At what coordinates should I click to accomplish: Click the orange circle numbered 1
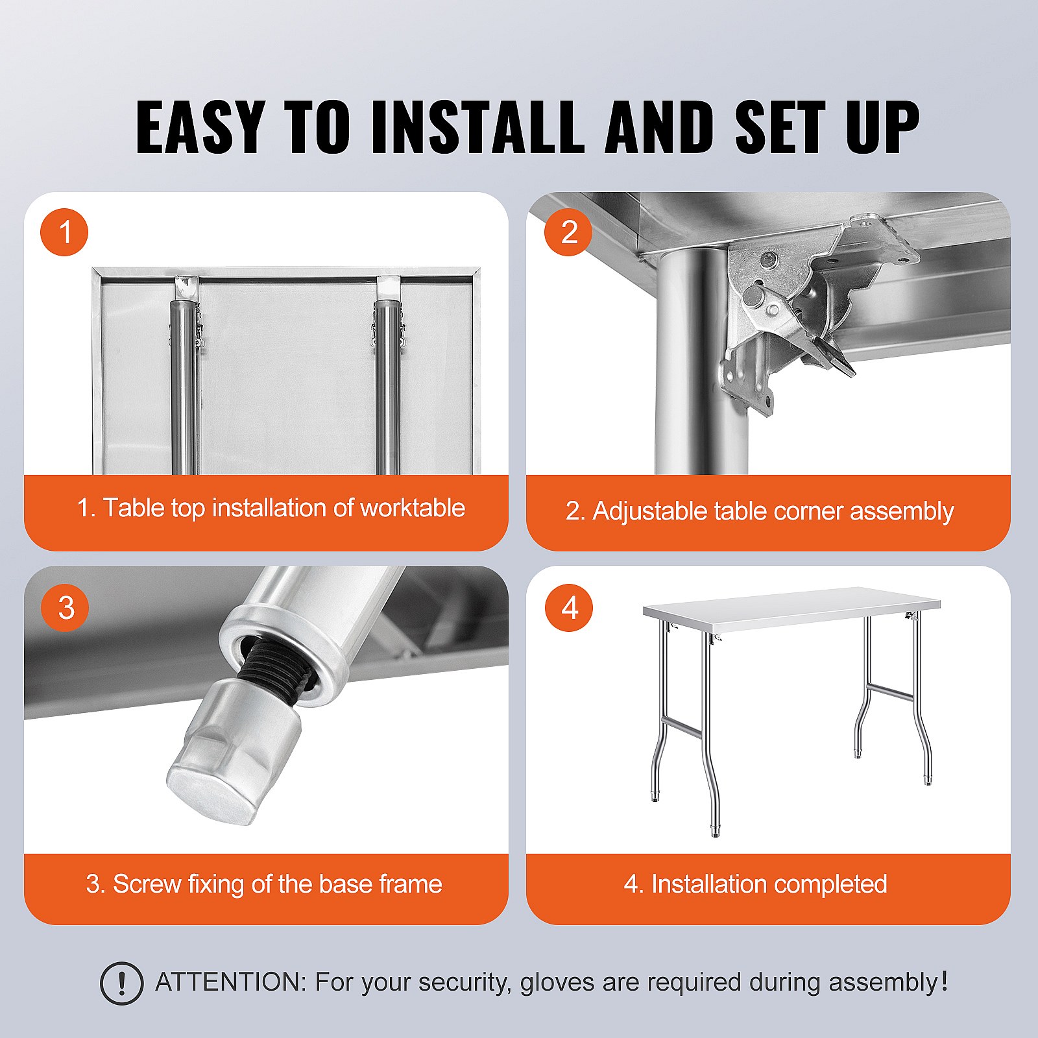64,232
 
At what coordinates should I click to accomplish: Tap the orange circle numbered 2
568,232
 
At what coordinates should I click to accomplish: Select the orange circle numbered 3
64,607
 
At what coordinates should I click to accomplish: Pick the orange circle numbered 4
568,607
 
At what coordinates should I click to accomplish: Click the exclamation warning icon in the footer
121,984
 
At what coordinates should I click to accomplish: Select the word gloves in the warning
558,982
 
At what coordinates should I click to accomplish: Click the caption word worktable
413,508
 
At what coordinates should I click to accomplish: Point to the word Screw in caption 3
147,884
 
